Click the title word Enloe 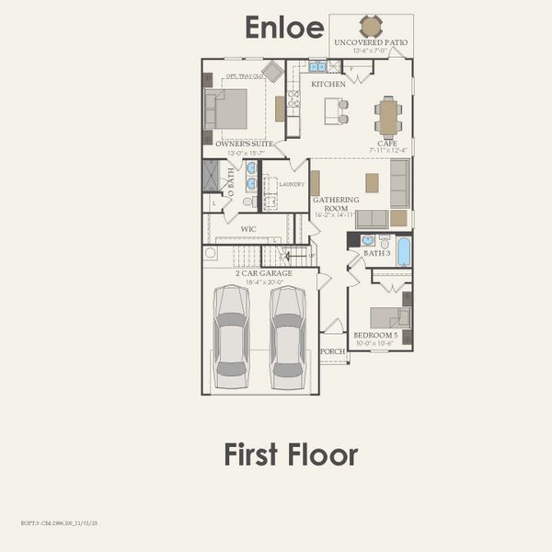(283, 28)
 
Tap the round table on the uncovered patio (371, 26)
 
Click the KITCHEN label (328, 84)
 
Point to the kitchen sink (317, 66)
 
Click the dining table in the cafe (388, 117)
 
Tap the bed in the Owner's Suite (226, 109)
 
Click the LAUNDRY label (292, 184)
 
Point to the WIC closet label (248, 228)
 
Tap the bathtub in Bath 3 (404, 251)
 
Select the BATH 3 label (376, 252)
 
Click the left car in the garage (230, 336)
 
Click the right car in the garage (288, 336)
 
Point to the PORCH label (333, 351)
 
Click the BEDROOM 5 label (375, 335)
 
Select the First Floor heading (290, 454)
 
